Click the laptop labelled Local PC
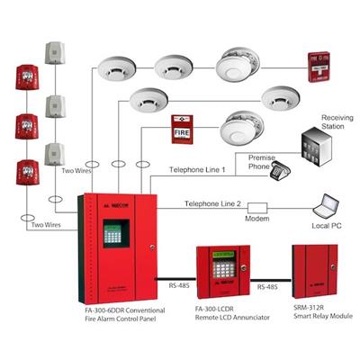pos(322,207)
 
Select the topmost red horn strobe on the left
pos(26,78)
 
